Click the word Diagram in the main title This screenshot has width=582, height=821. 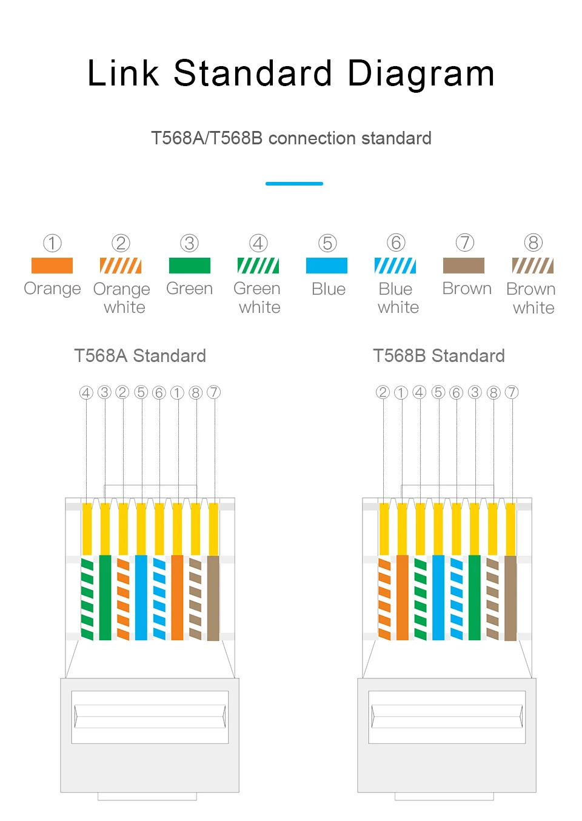point(421,74)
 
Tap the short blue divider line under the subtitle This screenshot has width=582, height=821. point(294,183)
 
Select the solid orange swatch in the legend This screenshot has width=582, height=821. point(52,266)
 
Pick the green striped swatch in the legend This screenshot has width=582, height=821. point(258,266)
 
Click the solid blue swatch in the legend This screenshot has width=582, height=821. point(327,266)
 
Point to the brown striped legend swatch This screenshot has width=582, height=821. point(533,266)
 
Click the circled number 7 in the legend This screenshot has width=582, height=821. point(464,243)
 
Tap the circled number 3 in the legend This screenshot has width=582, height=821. point(190,243)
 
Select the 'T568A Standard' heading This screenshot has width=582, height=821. point(140,356)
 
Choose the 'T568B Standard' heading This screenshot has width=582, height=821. point(439,356)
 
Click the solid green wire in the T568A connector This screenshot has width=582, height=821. point(105,597)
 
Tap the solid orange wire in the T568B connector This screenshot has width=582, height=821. point(402,597)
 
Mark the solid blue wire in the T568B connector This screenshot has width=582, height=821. point(438,597)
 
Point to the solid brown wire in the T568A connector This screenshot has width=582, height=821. point(213,597)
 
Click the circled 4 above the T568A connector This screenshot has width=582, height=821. point(86,392)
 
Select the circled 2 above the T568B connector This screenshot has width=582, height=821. point(383,392)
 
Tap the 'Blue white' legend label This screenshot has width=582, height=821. point(398,298)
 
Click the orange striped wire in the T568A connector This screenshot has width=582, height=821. point(123,597)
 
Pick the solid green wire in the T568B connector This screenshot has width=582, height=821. point(475,597)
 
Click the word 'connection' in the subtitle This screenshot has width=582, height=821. point(307,138)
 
